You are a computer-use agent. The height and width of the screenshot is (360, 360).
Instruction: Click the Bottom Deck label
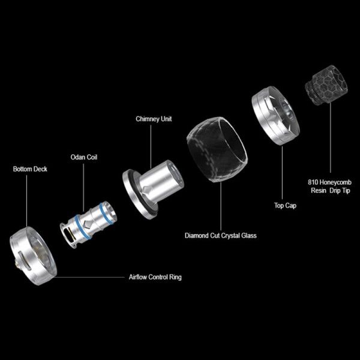click(30, 169)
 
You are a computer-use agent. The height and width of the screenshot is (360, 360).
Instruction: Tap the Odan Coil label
click(84, 157)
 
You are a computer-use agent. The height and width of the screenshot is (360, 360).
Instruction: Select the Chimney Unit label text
click(154, 119)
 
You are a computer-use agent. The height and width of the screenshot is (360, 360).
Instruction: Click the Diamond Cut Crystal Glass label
click(221, 236)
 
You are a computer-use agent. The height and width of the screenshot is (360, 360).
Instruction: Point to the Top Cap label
click(285, 205)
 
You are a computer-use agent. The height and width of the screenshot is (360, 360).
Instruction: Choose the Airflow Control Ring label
click(155, 277)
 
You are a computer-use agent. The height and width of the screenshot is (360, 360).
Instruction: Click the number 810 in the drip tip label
click(313, 182)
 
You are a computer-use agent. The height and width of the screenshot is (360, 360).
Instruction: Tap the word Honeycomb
click(335, 182)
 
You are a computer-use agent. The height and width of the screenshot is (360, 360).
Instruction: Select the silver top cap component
click(275, 115)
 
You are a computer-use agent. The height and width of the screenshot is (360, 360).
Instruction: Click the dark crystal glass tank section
click(217, 149)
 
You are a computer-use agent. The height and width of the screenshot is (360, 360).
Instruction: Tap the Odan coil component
click(88, 224)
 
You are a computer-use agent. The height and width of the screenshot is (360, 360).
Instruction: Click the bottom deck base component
click(33, 256)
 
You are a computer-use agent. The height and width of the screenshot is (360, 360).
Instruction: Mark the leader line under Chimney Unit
click(151, 147)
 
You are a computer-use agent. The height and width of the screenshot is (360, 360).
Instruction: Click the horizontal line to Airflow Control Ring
click(89, 277)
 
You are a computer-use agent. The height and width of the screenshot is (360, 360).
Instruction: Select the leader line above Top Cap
click(282, 173)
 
